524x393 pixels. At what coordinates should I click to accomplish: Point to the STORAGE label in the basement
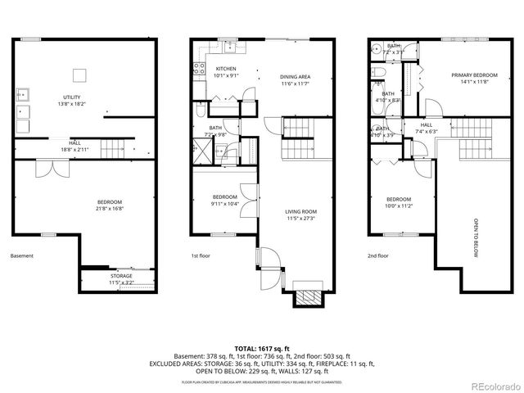(x=121, y=276)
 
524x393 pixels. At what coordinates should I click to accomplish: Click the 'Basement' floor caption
(x=22, y=255)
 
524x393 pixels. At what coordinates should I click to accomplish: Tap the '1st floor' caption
(x=200, y=255)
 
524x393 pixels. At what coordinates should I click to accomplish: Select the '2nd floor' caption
(x=378, y=255)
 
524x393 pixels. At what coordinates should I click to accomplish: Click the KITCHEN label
(x=226, y=69)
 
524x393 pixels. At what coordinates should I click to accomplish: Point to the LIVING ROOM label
(x=300, y=211)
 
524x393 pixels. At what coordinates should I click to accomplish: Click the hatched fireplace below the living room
(x=308, y=296)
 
